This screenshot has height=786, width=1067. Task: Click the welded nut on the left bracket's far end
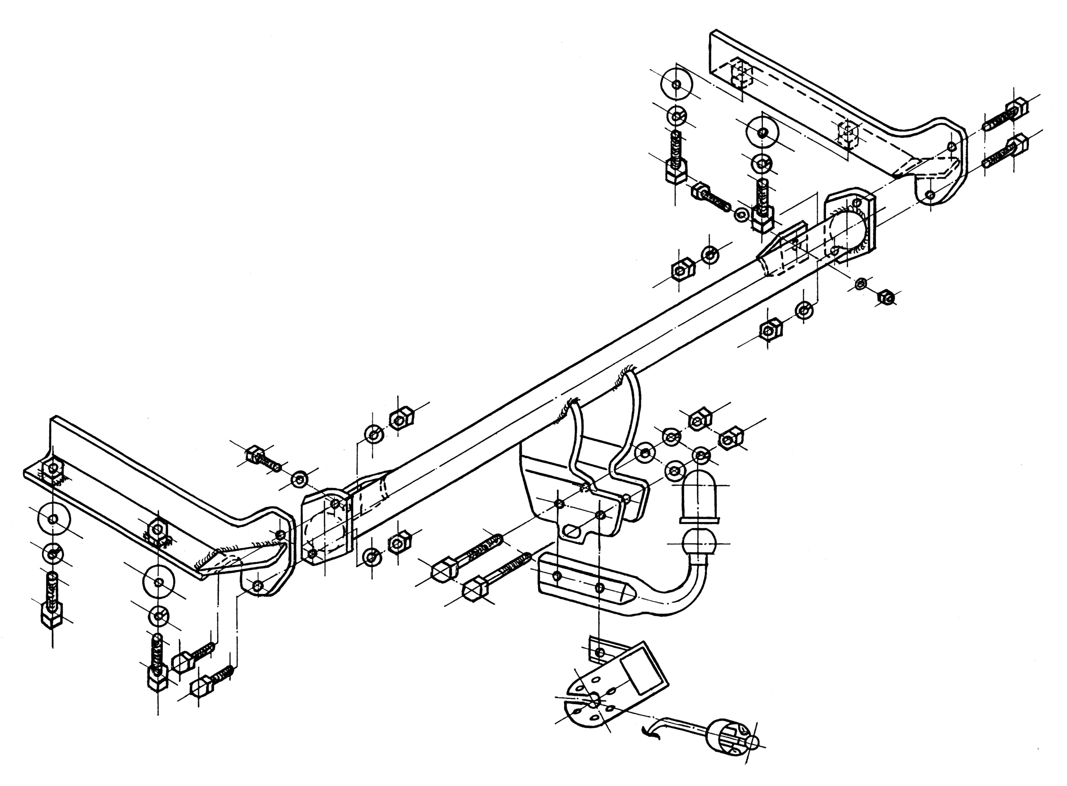click(52, 470)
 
